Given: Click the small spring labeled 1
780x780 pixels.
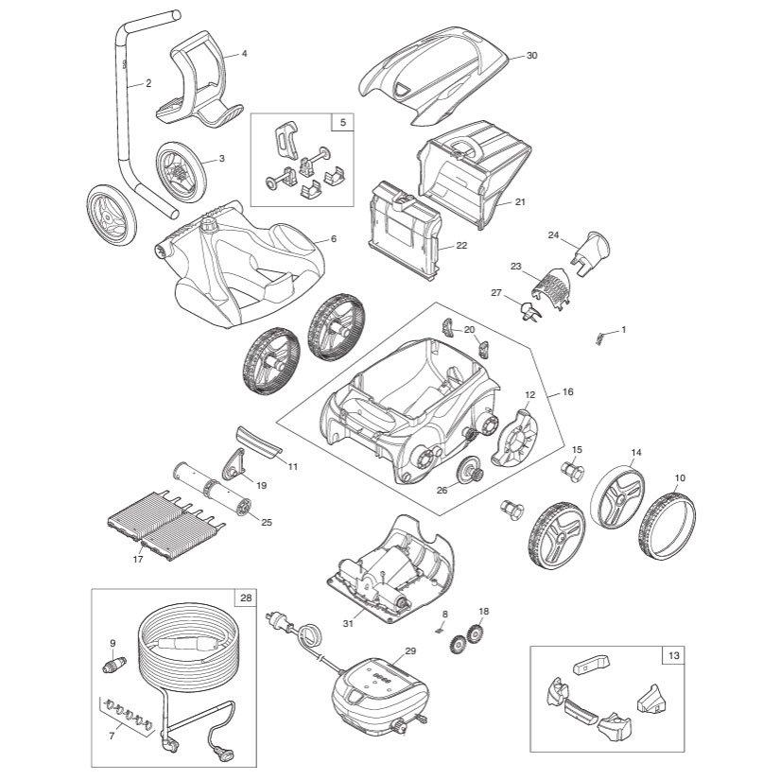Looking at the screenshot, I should [598, 338].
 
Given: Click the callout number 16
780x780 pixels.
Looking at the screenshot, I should [567, 391].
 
